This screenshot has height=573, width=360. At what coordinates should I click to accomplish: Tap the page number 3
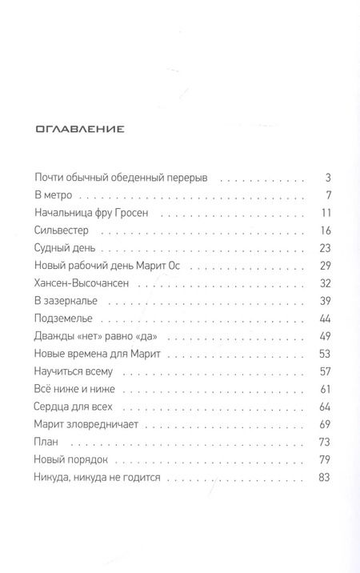pos(328,178)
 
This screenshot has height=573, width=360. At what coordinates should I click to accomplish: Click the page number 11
pos(326,213)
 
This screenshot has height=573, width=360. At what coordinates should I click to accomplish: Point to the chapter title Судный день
pos(66,248)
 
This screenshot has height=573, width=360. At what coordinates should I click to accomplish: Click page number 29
pos(325,265)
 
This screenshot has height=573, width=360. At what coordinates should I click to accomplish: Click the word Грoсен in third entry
pos(146,213)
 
